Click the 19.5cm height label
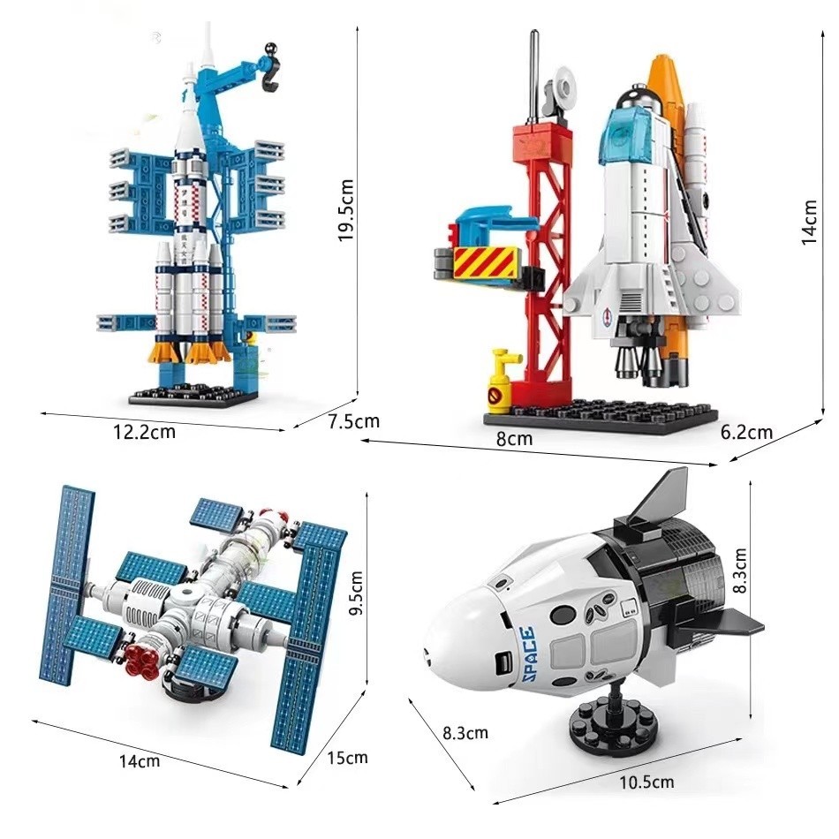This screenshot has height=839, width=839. point(346,210)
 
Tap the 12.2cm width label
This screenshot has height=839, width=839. point(145,431)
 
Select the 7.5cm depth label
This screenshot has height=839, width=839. point(353,421)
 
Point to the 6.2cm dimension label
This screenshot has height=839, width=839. point(747,432)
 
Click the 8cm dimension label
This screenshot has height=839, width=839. point(514,439)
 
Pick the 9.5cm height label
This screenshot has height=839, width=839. point(356,593)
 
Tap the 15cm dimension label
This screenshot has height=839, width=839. point(348,758)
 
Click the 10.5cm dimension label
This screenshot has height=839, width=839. point(646,782)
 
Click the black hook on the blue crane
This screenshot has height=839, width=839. point(271,68)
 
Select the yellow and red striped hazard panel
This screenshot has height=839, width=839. point(487,262)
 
